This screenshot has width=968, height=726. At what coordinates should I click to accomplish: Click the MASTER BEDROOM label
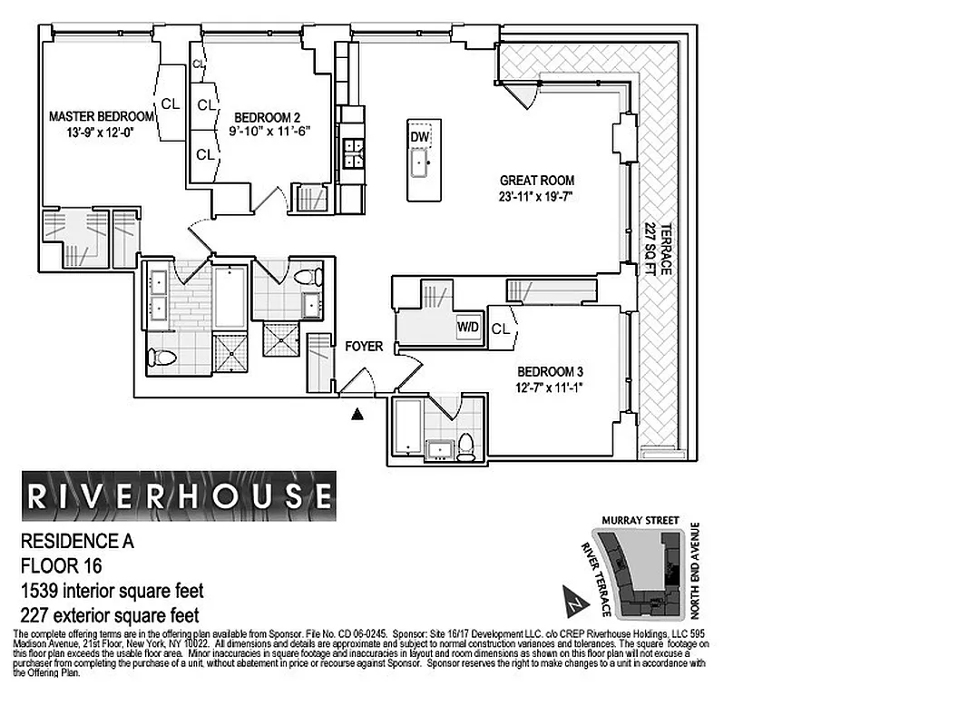click(101, 116)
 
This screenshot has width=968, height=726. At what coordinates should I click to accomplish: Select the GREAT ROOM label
click(537, 180)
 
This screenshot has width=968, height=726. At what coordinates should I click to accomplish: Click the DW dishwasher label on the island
click(419, 136)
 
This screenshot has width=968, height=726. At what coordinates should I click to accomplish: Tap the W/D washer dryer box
click(468, 327)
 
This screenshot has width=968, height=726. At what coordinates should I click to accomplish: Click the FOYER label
click(364, 346)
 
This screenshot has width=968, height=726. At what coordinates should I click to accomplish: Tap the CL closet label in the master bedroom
click(170, 103)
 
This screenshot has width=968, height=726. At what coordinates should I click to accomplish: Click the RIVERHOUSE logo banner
click(178, 495)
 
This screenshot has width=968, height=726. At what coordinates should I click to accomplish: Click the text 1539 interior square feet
click(112, 591)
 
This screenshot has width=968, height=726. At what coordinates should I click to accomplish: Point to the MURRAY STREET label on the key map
click(640, 520)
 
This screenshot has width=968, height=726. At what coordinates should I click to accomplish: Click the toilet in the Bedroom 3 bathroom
click(466, 444)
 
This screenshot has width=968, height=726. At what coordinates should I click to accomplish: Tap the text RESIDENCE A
click(76, 543)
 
